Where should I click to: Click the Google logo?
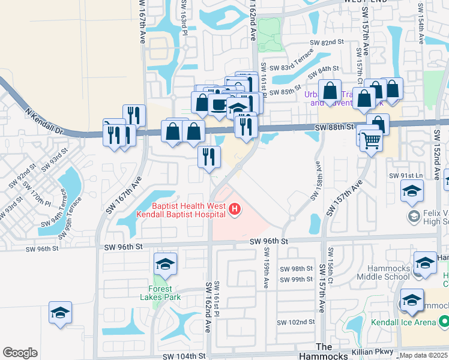(20, 353)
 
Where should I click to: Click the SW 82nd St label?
(326, 43)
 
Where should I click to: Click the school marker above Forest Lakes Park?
(166, 263)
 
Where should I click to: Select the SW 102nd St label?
(298, 322)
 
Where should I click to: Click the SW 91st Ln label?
(406, 175)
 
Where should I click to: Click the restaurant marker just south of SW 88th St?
(208, 157)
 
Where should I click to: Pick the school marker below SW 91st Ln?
(412, 191)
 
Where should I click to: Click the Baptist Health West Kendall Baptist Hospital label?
(188, 210)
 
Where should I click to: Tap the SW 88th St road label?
(333, 128)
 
